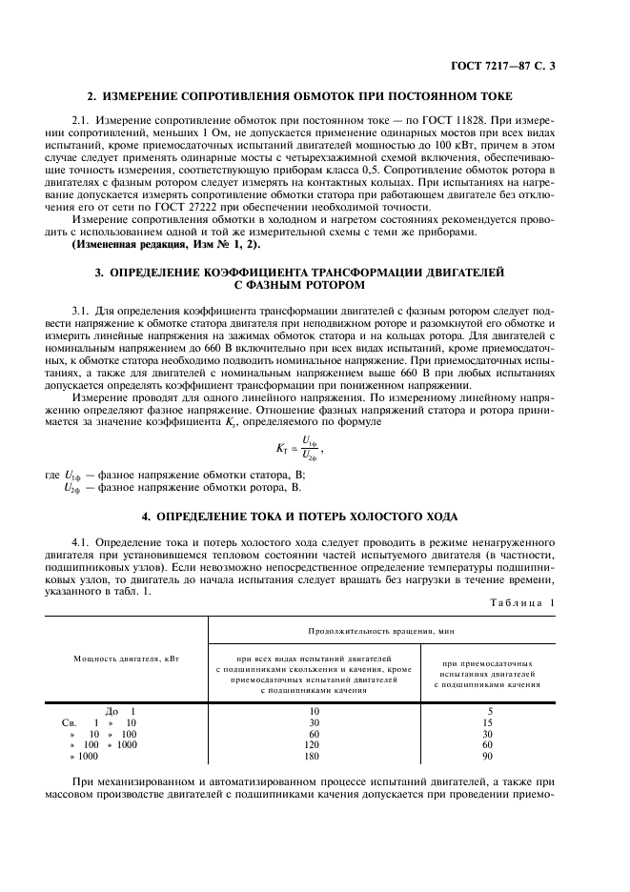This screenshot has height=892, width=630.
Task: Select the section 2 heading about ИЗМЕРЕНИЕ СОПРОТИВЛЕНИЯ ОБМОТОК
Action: click(x=299, y=96)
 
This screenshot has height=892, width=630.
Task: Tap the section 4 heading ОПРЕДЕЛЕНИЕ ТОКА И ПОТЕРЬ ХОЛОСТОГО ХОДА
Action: click(x=299, y=517)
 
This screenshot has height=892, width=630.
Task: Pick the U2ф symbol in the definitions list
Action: click(x=72, y=487)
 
